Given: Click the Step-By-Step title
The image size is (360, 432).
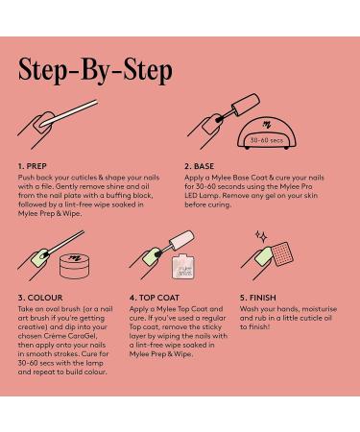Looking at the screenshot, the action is click(x=95, y=71).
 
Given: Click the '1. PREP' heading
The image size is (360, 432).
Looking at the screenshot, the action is click(x=33, y=166).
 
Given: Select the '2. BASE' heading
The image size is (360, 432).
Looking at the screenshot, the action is click(x=199, y=166).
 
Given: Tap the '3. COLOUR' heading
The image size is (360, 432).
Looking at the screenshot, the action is click(x=40, y=298).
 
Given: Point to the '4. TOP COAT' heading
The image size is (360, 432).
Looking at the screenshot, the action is click(x=155, y=298).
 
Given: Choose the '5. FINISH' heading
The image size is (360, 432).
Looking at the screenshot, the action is click(x=258, y=298).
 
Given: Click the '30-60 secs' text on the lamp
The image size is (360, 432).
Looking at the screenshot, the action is click(x=267, y=140).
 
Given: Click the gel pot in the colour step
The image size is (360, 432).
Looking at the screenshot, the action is click(x=75, y=266).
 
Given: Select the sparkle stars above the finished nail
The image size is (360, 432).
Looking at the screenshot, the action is click(x=261, y=236).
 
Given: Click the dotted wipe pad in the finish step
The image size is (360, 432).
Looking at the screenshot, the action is click(x=281, y=254).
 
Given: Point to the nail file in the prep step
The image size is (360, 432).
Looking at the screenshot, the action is click(x=69, y=113).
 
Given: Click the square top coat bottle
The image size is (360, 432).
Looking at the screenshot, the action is click(x=183, y=266).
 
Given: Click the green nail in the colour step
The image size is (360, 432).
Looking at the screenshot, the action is click(x=39, y=258).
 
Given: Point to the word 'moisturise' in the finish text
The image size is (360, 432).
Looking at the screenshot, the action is click(x=320, y=309).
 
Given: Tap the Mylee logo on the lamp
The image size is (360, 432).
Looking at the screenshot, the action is click(x=266, y=125).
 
